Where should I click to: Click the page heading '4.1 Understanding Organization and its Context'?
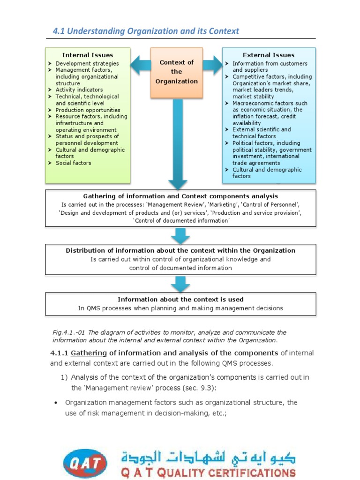pos(145,31)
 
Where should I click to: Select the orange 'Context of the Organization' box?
pos(176,72)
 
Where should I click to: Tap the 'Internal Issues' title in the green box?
pos(88,55)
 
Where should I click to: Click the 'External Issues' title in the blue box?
pos(269,55)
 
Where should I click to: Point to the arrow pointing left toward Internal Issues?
pos(140,65)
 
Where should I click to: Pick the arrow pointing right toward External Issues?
pos(212,65)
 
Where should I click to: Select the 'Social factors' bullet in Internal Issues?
pos(73,163)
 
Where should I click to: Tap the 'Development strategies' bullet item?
pos(87,63)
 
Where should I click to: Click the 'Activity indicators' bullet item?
pos(79,90)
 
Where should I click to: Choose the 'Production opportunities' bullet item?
pos(88,110)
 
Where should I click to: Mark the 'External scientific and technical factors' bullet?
pos(261,133)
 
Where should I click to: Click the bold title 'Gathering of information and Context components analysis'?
pos(180,196)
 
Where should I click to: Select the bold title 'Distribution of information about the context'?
pos(180,250)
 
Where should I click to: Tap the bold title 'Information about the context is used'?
pos(180,299)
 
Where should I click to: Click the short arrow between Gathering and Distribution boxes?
pos(180,234)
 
